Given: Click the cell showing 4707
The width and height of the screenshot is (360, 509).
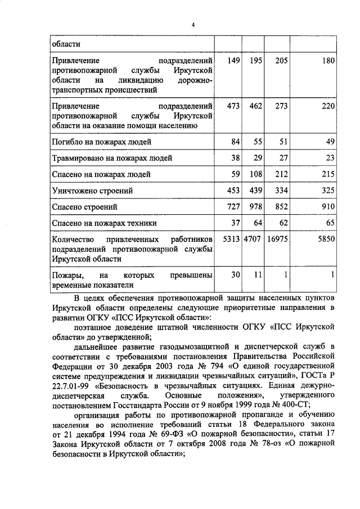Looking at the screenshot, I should coord(253,239).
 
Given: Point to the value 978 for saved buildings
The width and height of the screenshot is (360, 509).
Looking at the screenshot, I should coord(256,207).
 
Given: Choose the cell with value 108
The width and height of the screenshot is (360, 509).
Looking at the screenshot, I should coord(256,174).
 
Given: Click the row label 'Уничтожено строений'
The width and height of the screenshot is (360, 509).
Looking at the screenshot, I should coord(92,191).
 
